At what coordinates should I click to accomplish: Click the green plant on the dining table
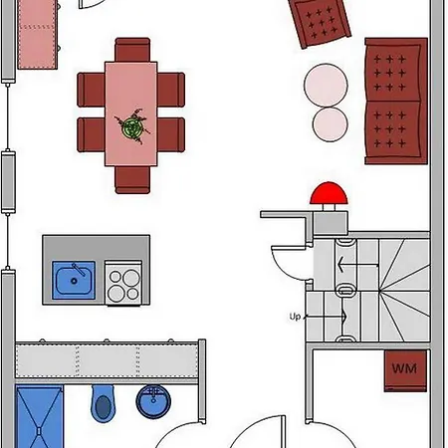132,126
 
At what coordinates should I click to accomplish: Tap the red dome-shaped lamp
329,193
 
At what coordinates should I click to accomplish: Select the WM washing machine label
404,368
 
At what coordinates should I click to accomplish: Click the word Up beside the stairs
295,317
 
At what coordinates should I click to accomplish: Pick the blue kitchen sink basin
74,281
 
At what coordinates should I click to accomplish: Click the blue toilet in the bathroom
104,403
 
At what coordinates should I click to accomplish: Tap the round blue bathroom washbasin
153,401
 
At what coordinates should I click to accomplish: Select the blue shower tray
39,416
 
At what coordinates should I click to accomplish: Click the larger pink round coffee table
326,86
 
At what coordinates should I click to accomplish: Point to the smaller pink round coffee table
330,124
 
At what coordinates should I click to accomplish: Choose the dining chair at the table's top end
132,50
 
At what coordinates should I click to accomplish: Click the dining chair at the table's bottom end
132,180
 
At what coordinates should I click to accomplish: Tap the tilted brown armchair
320,23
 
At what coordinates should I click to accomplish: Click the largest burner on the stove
131,278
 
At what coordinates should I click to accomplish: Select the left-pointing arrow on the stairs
357,265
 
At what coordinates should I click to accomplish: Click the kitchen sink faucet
79,269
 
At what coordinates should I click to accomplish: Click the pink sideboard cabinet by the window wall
37,35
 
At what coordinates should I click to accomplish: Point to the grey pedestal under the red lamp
331,222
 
